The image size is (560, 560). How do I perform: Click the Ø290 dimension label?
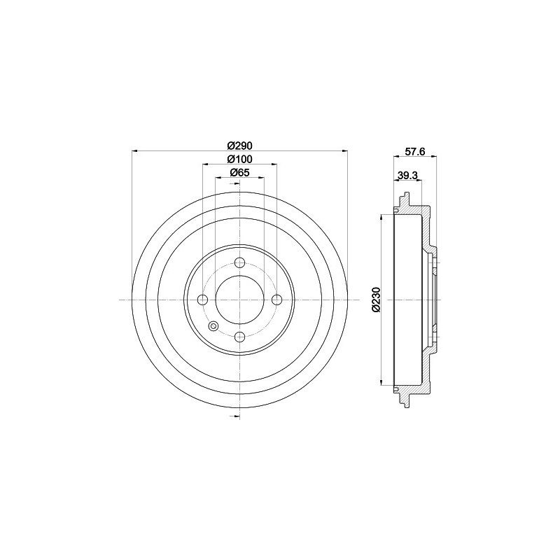[239, 146]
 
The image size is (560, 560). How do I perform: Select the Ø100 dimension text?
[239, 160]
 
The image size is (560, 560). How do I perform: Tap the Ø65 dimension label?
[239, 172]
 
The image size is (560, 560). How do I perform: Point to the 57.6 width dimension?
[414, 152]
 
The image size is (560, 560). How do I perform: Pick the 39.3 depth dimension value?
[407, 176]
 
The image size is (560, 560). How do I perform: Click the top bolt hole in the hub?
[239, 263]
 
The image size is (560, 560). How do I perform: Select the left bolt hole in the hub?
[203, 300]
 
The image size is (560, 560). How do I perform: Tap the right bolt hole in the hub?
[276, 300]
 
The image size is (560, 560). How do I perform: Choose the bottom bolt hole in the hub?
[239, 337]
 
